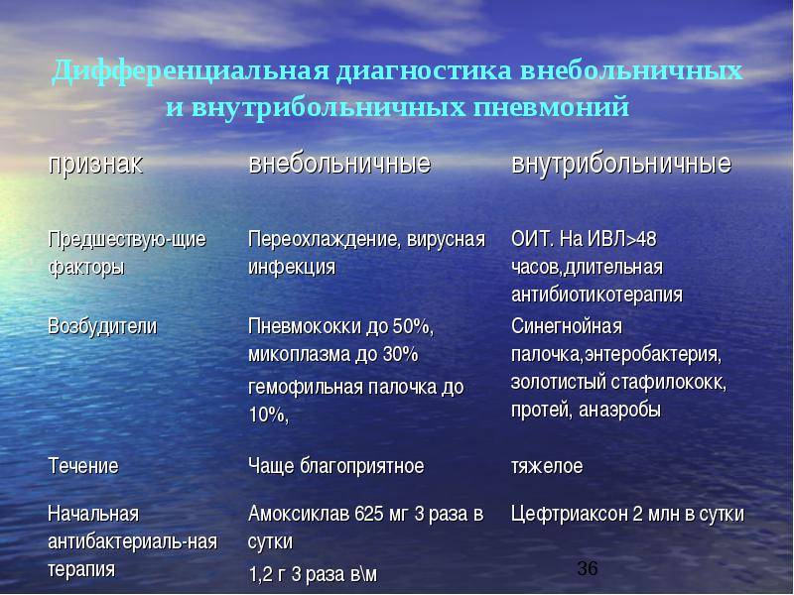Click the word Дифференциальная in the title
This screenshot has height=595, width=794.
191,70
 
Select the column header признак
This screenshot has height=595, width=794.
95,165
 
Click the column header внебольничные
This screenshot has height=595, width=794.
339,164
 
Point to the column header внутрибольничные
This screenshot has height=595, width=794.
621,164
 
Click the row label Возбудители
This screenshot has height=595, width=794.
102,327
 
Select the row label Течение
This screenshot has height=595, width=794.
83,465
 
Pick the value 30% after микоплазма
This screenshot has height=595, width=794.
401,354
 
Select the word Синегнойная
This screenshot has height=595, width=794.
567,326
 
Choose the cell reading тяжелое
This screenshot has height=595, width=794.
547,466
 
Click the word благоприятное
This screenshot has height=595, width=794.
362,466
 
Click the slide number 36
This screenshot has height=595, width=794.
588,568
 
